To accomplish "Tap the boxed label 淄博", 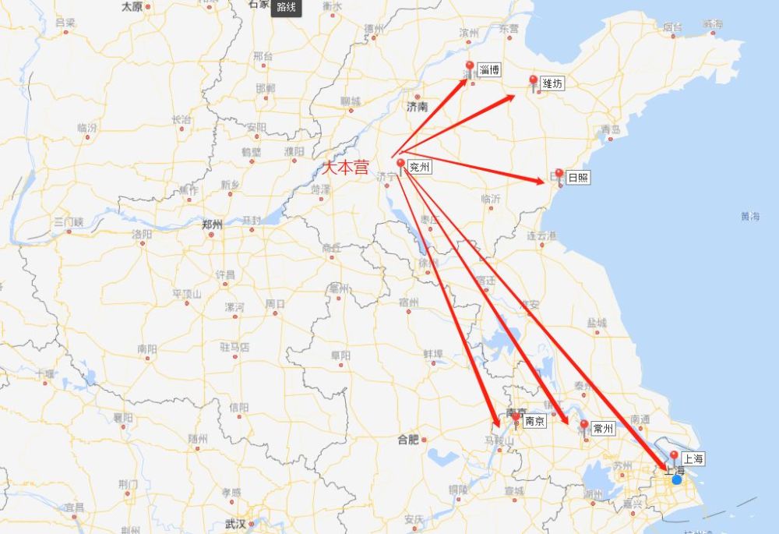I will click(489, 70).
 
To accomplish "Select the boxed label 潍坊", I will click(552, 83).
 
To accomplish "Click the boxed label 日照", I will click(578, 178).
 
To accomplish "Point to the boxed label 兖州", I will click(420, 166).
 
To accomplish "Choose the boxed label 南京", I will click(534, 421).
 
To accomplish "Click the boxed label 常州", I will click(603, 429).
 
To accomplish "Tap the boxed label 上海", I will click(693, 459).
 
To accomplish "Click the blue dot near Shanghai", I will click(676, 479).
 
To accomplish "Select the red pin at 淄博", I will click(469, 67).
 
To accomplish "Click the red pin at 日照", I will click(559, 174).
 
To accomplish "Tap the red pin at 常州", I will click(584, 425).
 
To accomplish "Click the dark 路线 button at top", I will click(286, 8).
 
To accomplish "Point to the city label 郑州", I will click(212, 225).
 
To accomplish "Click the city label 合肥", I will click(408, 440).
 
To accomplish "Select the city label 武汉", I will click(234, 523).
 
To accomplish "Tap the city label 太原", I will click(132, 6).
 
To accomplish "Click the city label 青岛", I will click(611, 129).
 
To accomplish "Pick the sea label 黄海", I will click(750, 216).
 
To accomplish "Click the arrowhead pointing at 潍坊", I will click(510, 97).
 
